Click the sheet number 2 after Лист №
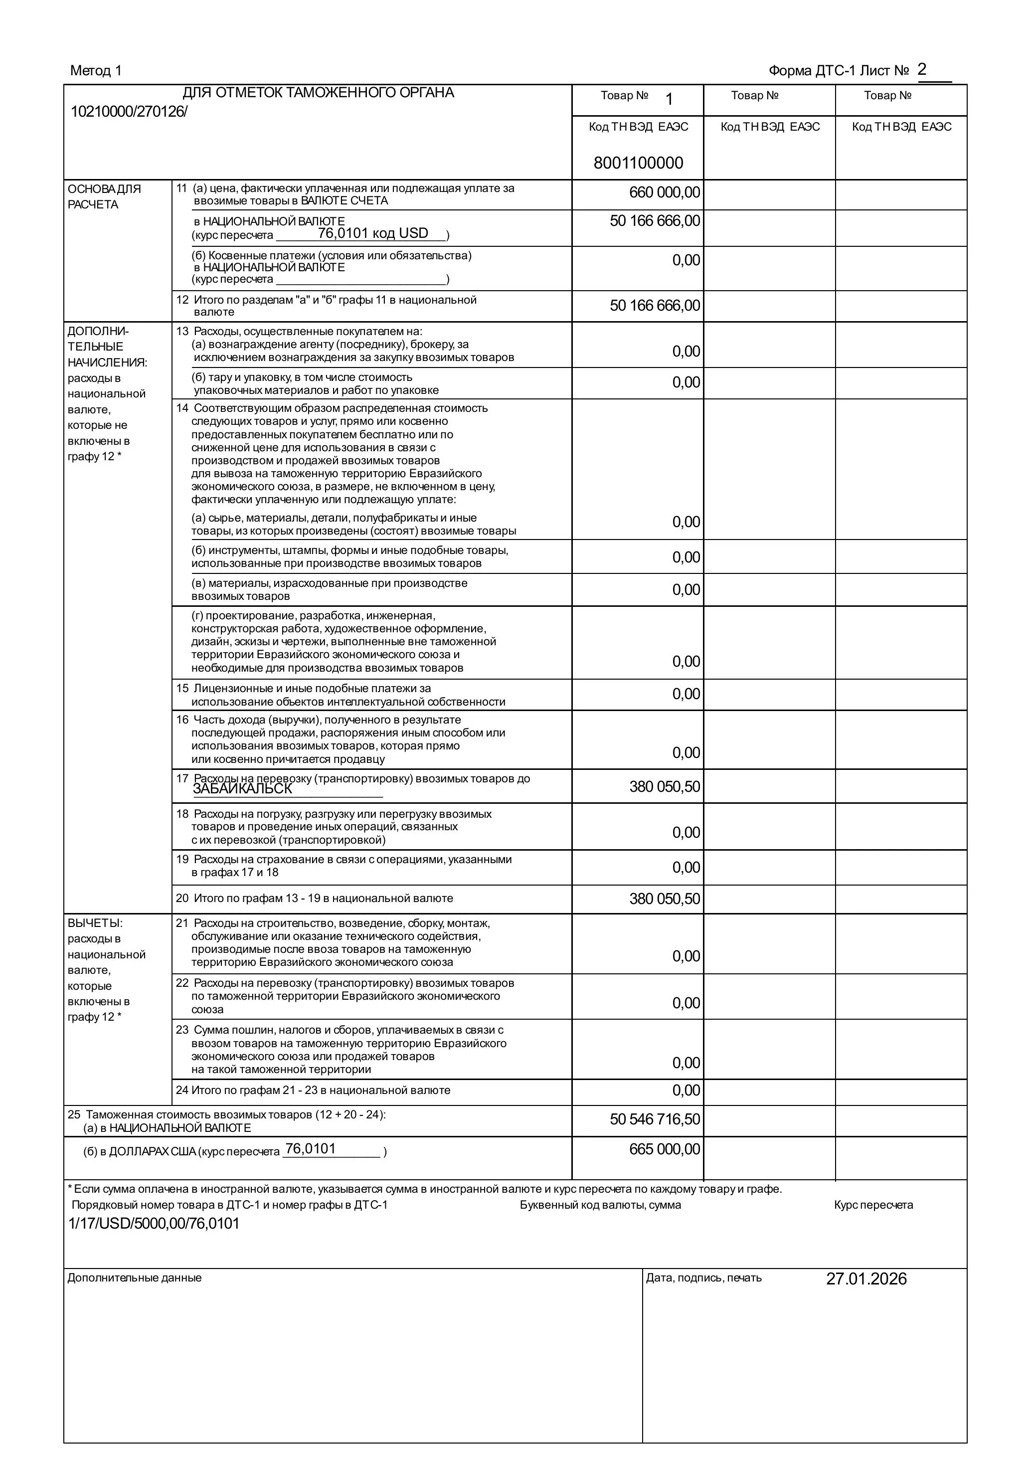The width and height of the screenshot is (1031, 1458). [x=922, y=69]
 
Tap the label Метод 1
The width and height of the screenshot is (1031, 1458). [x=95, y=70]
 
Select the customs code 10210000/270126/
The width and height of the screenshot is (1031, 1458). [x=129, y=112]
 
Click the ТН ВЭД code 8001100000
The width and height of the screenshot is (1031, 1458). [x=638, y=163]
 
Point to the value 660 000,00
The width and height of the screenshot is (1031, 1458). [x=664, y=192]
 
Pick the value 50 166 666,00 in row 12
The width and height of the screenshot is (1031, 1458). [x=655, y=306]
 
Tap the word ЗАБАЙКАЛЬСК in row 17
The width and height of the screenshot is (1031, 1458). [x=242, y=789]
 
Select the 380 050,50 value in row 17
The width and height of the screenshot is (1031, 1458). [x=664, y=787]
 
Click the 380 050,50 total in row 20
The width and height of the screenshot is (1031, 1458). [x=664, y=899]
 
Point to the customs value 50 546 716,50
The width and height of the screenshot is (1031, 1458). [x=655, y=1119]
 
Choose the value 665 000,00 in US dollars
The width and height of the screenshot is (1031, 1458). [x=664, y=1149]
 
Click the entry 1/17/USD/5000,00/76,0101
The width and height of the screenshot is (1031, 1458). [x=154, y=1223]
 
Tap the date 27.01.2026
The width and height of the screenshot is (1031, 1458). [x=866, y=1279]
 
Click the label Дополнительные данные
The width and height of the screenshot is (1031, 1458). [x=135, y=1277]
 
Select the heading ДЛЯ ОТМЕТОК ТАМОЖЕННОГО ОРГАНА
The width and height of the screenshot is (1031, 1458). [x=318, y=93]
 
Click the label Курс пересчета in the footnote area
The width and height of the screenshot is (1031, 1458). [x=873, y=1205]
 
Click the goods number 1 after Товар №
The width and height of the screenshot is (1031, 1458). [x=669, y=99]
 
